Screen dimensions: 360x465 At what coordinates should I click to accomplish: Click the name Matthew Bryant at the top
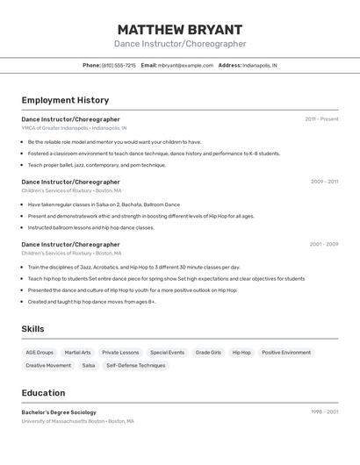[x=179, y=30]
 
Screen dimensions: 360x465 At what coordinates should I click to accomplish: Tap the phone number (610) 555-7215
[x=119, y=66]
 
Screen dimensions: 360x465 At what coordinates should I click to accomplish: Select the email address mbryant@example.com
[x=185, y=66]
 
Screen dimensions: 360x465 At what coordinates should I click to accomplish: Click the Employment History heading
[x=65, y=101]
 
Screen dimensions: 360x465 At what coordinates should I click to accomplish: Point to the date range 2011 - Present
[x=321, y=119]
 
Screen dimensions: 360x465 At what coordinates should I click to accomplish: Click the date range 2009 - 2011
[x=324, y=182]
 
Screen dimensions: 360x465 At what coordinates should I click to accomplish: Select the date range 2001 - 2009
[x=323, y=245]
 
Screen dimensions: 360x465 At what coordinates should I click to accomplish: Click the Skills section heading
[x=32, y=329]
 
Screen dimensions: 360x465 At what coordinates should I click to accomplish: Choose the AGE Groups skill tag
[x=40, y=353]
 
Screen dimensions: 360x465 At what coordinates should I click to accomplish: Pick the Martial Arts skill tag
[x=78, y=353]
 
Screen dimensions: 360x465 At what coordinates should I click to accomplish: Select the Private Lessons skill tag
[x=120, y=353]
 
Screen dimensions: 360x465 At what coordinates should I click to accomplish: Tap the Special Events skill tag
[x=167, y=353]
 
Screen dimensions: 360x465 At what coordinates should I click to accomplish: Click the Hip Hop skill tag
[x=241, y=353]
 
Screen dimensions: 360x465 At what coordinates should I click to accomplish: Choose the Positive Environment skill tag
[x=286, y=353]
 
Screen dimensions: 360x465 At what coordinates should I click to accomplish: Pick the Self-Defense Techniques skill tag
[x=135, y=366]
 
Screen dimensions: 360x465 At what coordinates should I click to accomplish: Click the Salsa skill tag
[x=89, y=366]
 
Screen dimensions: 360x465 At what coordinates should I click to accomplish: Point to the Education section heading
[x=43, y=393]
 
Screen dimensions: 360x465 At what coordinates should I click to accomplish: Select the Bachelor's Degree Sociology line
[x=59, y=412]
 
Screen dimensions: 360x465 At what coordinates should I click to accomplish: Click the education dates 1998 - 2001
[x=324, y=412]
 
